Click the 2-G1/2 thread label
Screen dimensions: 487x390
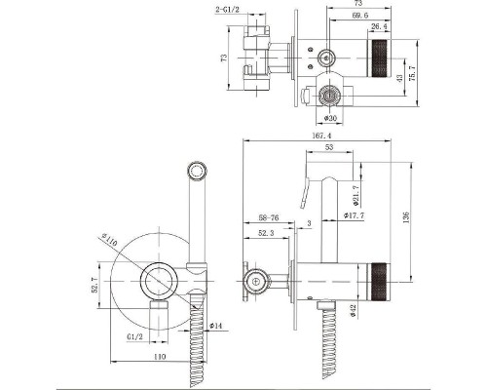coord(227,10)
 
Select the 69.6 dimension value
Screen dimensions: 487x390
coord(359,16)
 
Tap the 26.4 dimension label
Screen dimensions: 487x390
coord(379,26)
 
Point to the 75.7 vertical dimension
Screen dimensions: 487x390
coord(413,73)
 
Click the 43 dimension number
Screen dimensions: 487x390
coord(399,78)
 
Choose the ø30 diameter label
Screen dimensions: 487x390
coord(330,118)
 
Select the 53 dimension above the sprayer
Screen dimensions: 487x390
coord(329,147)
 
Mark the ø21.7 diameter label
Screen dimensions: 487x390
coord(356,196)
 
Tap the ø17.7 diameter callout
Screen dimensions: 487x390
coord(355,215)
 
